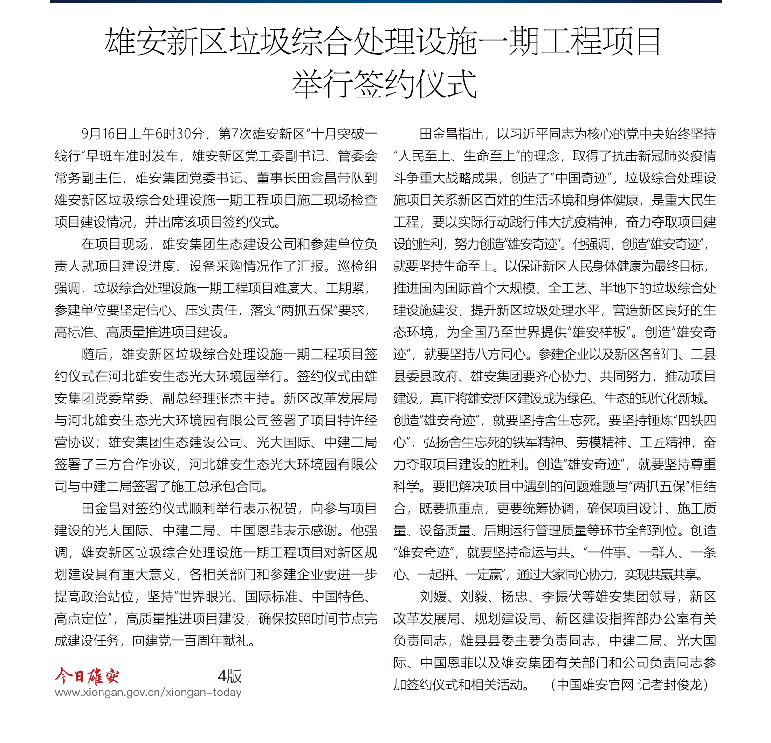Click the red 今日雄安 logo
pyautogui.click(x=87, y=675)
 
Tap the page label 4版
pyautogui.click(x=229, y=676)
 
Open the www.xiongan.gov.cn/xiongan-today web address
pyautogui.click(x=148, y=692)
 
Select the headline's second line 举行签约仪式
pyautogui.click(x=385, y=84)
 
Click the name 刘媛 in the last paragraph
pyautogui.click(x=434, y=597)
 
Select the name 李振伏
pyautogui.click(x=561, y=597)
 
